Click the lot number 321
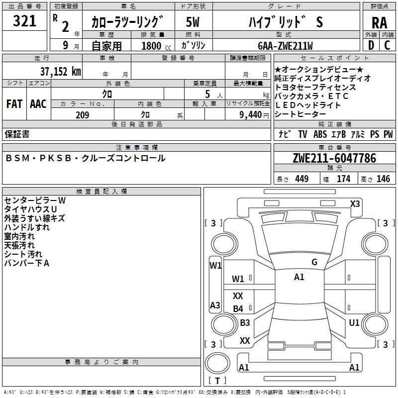24,21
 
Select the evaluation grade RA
379,23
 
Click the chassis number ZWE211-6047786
334,159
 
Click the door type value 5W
193,22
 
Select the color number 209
82,115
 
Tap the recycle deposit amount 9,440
251,115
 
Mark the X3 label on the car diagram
355,203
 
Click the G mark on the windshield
314,262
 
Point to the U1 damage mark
354,323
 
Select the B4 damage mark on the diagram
238,309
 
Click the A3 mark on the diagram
215,305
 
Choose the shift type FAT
14,104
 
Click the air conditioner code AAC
38,104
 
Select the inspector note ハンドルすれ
27,227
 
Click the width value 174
343,179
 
